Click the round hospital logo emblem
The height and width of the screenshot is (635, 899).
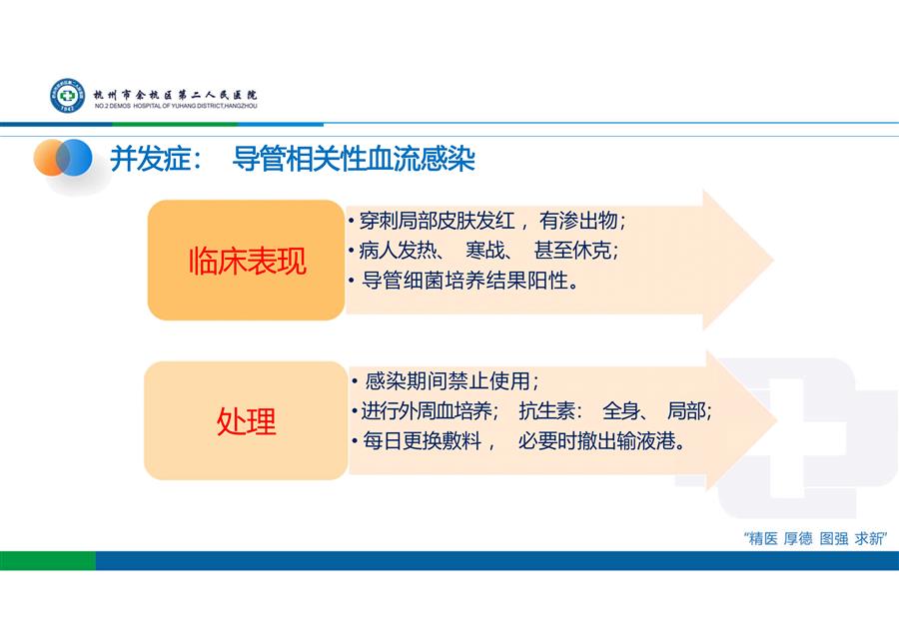coord(67,95)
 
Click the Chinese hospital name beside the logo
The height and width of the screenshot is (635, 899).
coord(176,95)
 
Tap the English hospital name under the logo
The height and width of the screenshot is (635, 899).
coord(176,106)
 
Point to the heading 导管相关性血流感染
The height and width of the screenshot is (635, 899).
coord(354,159)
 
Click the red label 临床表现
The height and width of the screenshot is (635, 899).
coord(248,261)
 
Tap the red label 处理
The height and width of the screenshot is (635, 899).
coord(246,421)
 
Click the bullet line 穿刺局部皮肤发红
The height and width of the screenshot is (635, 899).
coord(437,221)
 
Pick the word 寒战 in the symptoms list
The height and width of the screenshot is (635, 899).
coord(484,251)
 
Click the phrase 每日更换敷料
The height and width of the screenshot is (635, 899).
coord(422,440)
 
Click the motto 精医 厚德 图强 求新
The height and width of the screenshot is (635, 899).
coord(815,539)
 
